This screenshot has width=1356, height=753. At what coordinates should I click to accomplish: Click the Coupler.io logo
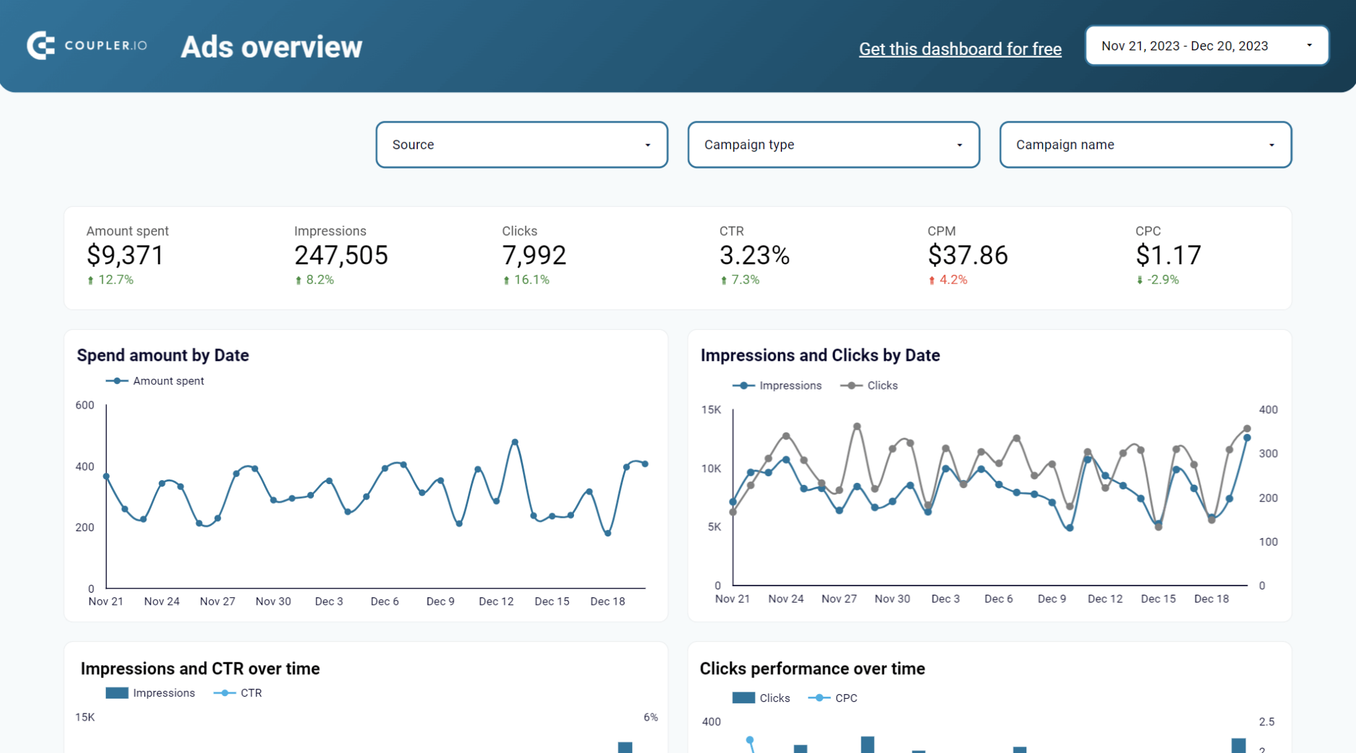click(x=87, y=46)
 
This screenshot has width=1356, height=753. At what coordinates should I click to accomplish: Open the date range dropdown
click(x=1206, y=46)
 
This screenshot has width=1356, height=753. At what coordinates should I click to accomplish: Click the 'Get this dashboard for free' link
click(x=960, y=49)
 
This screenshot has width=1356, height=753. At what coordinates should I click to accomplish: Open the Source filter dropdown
click(x=521, y=144)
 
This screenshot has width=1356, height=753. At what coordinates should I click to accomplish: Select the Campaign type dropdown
click(x=833, y=144)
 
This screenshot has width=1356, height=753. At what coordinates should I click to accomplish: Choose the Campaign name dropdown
click(x=1145, y=144)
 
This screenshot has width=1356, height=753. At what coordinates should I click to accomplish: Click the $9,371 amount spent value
click(x=125, y=256)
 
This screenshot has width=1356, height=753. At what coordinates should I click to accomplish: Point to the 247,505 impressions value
click(x=341, y=256)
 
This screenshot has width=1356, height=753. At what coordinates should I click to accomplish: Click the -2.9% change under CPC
click(x=1162, y=280)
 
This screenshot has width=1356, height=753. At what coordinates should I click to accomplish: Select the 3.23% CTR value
click(x=754, y=256)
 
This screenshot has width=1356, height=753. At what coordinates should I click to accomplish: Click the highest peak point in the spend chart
click(x=515, y=442)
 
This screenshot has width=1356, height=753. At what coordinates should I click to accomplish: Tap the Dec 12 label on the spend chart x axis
click(x=496, y=601)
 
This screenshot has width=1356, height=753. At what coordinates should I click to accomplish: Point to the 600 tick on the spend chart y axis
click(x=85, y=405)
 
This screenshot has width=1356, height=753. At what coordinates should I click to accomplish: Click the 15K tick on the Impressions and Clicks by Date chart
click(x=711, y=410)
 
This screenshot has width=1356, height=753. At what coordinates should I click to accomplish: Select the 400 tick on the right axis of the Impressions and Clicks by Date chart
click(x=1267, y=410)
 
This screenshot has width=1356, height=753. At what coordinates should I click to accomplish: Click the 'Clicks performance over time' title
click(x=812, y=669)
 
